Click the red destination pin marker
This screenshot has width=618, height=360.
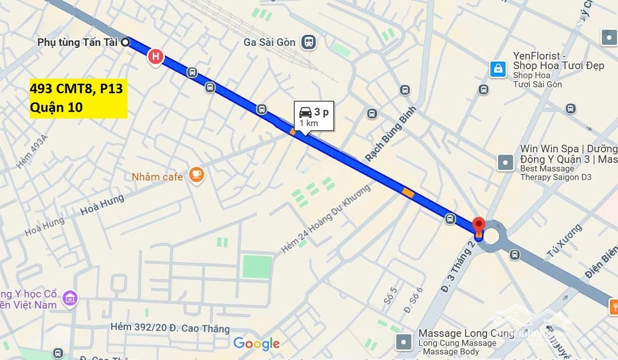[479, 225]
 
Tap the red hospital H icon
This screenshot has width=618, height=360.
[155, 57]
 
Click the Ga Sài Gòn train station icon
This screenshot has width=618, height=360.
[310, 42]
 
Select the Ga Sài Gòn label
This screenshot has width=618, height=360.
[270, 42]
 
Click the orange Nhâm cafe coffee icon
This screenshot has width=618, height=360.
[197, 175]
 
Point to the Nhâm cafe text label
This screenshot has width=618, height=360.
[157, 176]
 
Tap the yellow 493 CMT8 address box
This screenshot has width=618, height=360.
[78, 98]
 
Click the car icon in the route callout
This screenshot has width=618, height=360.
[306, 112]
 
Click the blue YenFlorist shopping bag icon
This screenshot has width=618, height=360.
[498, 69]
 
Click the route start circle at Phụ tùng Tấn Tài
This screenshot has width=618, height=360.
[125, 42]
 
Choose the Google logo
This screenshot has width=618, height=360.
[256, 344]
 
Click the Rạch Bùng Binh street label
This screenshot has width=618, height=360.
[390, 133]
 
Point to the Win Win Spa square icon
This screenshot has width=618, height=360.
[505, 163]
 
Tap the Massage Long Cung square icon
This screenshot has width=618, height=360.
[405, 342]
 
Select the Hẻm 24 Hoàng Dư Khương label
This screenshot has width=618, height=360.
[326, 217]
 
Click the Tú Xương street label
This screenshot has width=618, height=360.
[563, 240]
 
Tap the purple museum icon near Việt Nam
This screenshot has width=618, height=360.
[70, 298]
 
